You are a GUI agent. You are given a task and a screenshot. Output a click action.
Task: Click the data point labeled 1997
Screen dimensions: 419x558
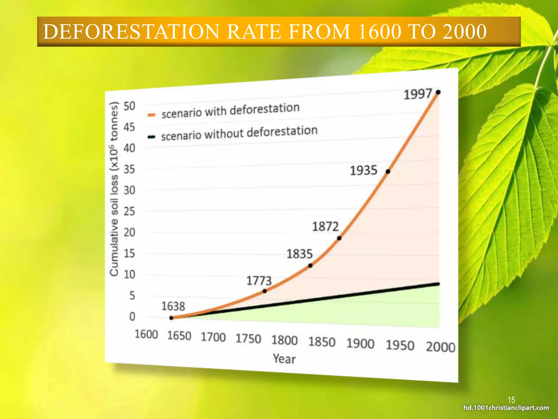[x=438, y=92]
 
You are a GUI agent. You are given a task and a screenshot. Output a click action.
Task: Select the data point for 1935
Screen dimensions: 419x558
[x=388, y=171]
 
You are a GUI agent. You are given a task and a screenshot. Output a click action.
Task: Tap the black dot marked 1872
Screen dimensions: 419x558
[x=339, y=238]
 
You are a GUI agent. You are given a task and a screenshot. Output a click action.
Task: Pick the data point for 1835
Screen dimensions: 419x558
[x=310, y=265]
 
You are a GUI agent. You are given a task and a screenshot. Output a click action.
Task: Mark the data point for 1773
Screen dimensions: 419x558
[x=265, y=291]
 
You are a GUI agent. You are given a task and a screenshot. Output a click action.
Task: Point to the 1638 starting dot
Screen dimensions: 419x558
[x=171, y=318]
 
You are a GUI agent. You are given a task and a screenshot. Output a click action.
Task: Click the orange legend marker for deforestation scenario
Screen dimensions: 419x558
[x=151, y=115]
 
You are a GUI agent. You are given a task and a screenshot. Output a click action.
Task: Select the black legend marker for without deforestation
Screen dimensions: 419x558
[x=151, y=137]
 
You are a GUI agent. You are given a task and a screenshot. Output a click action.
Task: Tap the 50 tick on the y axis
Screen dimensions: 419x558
[x=129, y=106]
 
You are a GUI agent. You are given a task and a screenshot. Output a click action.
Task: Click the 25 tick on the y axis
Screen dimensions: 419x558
[x=129, y=211]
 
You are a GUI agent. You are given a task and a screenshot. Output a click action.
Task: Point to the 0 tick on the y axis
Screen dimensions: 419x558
[x=132, y=316]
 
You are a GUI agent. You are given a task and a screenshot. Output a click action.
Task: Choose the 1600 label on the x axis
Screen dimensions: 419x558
[x=146, y=334]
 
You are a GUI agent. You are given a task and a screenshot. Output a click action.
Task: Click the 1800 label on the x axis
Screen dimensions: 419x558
[x=284, y=340]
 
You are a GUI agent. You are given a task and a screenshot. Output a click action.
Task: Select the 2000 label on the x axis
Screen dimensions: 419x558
[x=441, y=347]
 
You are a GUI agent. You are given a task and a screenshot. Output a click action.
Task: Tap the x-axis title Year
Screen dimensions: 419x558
[x=284, y=359]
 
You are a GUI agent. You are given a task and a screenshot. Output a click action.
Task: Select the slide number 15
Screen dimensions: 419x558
[x=511, y=400]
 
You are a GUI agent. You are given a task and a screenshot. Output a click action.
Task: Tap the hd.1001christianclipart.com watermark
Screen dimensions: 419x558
[x=506, y=408]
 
